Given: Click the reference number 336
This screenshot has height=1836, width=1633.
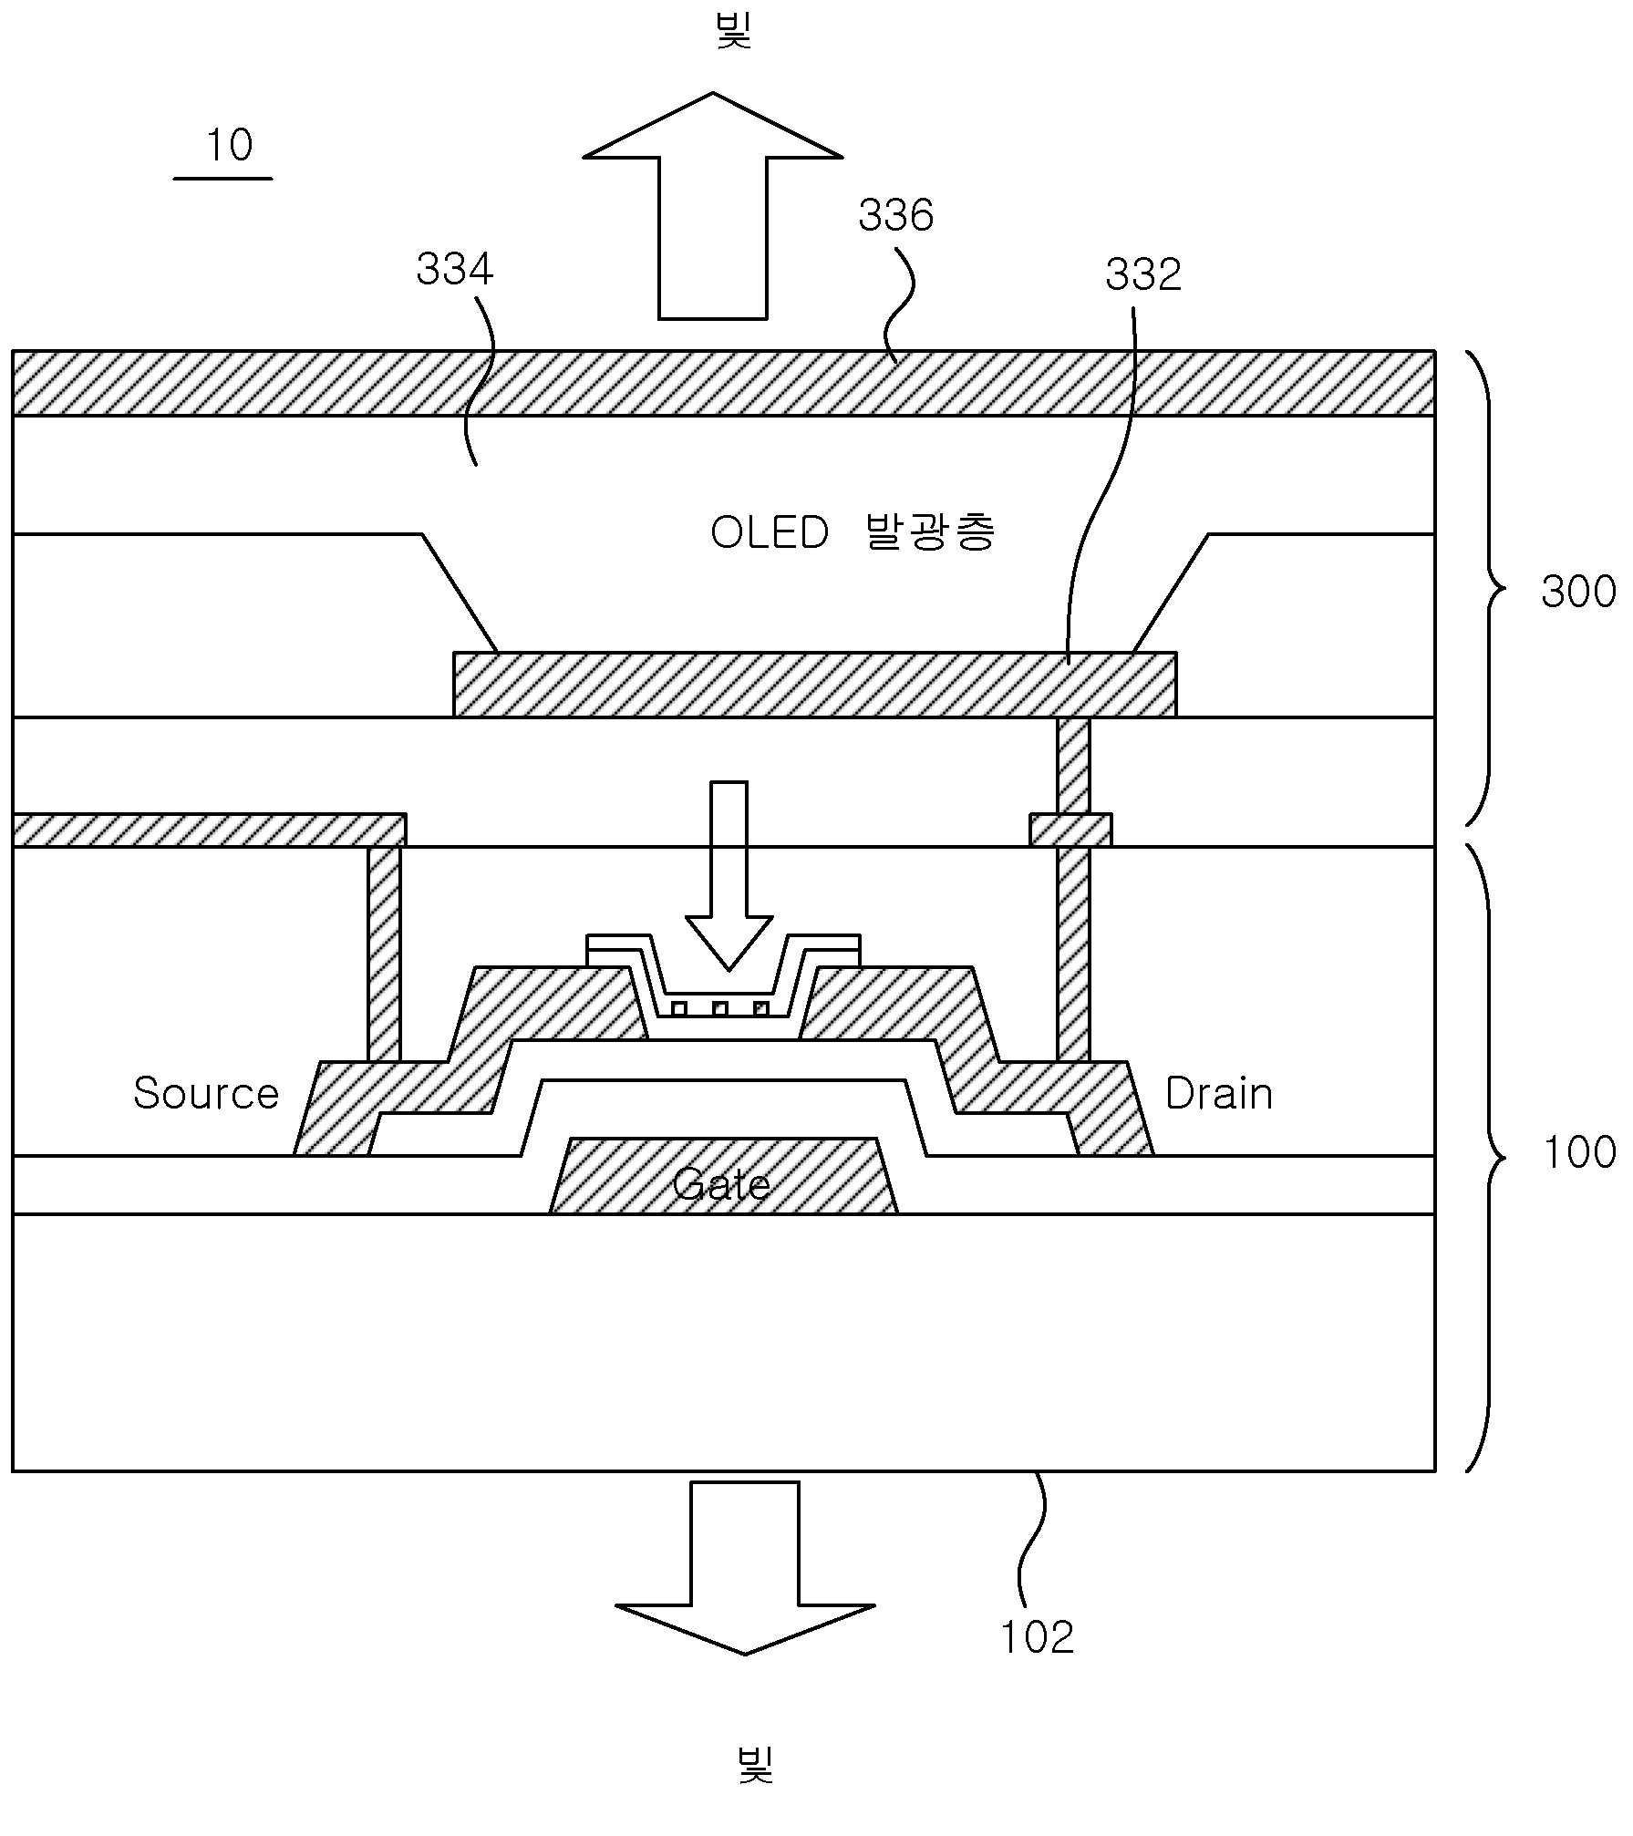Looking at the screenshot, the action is point(895,216).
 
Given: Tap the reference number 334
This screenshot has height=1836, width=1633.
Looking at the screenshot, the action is point(454,270).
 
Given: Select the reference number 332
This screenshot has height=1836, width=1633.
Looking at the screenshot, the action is point(1143,274).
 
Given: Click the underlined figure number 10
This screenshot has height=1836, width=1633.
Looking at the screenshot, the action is point(229,145).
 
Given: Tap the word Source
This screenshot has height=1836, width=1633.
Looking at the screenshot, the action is point(206,1093).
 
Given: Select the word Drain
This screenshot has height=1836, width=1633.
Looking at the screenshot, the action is point(1219,1093).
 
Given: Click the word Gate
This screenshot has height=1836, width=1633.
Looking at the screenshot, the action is point(721,1184).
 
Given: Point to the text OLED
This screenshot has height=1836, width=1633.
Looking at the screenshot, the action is point(770,532).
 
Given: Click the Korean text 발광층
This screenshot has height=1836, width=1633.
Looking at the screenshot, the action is point(929,531).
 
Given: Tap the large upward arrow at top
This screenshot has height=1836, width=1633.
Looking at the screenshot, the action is point(712,206).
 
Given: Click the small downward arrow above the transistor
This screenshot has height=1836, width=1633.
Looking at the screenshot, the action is point(729,875).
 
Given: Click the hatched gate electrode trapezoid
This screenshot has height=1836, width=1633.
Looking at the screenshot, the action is point(723,1175).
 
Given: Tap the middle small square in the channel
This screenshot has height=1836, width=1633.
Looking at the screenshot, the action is point(720,1008).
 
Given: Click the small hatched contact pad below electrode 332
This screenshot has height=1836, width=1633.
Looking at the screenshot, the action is point(1070,830).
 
